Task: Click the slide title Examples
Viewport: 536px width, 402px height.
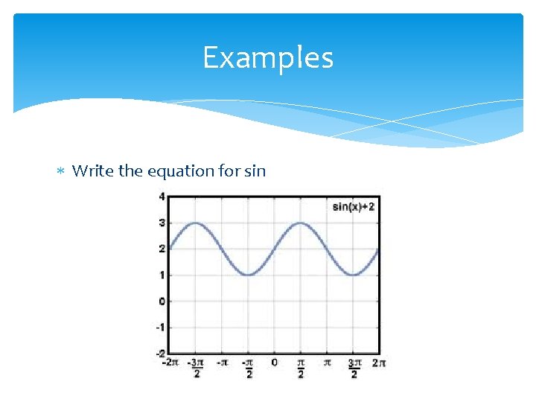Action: pyautogui.click(x=268, y=58)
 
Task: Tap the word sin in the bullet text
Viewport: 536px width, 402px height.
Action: pyautogui.click(x=255, y=171)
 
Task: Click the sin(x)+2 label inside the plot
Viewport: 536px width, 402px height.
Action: pyautogui.click(x=354, y=206)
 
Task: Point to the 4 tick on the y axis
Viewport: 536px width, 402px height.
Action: pyautogui.click(x=162, y=197)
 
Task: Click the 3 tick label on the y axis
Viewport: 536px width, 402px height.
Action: pyautogui.click(x=162, y=223)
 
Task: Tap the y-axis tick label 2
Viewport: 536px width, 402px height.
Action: pyautogui.click(x=162, y=249)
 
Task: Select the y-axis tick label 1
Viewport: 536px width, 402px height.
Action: pyautogui.click(x=162, y=275)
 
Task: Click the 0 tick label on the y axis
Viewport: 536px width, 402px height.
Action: pyautogui.click(x=162, y=301)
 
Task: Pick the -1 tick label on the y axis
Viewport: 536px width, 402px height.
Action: pyautogui.click(x=160, y=327)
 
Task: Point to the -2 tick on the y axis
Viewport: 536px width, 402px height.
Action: pyautogui.click(x=160, y=352)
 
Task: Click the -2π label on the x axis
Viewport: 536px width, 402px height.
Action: pyautogui.click(x=170, y=363)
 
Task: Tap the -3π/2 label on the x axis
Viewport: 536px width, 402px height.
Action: pyautogui.click(x=196, y=367)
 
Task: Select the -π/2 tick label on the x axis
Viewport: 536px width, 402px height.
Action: pyautogui.click(x=248, y=367)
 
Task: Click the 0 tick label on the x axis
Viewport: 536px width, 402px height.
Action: pyautogui.click(x=274, y=363)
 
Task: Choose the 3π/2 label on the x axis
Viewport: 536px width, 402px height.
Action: pyautogui.click(x=354, y=367)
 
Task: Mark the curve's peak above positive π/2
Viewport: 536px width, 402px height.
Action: pyautogui.click(x=301, y=223)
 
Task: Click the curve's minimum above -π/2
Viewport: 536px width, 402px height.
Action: pyautogui.click(x=249, y=275)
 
